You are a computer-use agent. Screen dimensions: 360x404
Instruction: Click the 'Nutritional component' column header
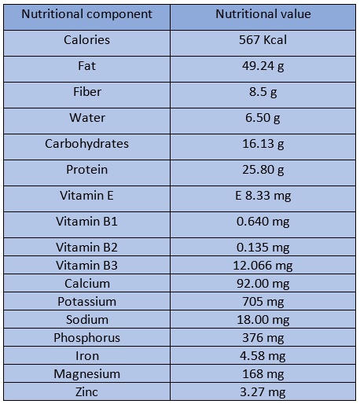tap(86, 14)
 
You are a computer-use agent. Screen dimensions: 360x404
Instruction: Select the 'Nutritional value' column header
tap(263, 14)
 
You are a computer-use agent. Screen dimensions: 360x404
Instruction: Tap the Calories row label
tap(86, 40)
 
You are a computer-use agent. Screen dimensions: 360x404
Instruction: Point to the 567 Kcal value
tap(263, 40)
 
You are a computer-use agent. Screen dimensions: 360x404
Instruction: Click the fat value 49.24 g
tap(263, 66)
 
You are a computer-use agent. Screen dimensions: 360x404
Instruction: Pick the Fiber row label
tap(87, 92)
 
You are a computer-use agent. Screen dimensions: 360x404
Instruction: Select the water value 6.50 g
tap(263, 118)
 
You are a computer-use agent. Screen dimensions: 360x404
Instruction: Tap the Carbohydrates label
tap(86, 144)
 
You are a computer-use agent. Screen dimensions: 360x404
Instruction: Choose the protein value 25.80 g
tap(263, 170)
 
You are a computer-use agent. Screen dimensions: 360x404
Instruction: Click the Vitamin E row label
tap(86, 196)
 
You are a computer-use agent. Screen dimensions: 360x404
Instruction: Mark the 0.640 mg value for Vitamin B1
tap(263, 222)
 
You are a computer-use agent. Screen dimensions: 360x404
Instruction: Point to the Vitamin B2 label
tap(86, 248)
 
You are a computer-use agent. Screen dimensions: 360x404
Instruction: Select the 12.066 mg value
tap(263, 266)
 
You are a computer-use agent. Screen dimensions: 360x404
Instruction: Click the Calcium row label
tap(87, 284)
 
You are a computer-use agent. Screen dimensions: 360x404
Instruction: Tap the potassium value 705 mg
tap(263, 302)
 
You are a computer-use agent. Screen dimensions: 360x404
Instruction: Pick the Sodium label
tap(87, 320)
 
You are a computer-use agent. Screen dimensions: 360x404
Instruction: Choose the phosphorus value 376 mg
tap(263, 338)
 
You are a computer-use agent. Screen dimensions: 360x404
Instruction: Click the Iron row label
tap(87, 356)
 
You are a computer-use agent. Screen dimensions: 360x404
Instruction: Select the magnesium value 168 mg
tap(263, 374)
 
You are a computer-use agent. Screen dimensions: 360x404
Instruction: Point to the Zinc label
tap(86, 392)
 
